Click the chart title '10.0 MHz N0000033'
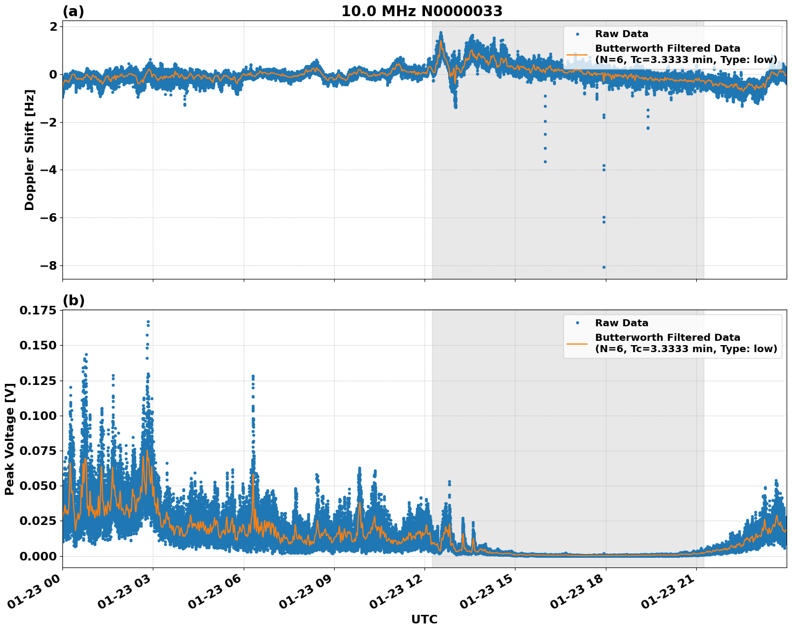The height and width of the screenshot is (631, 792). pyautogui.click(x=421, y=11)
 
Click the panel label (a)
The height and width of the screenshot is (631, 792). pyautogui.click(x=73, y=11)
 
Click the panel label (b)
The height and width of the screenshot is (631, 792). pyautogui.click(x=73, y=300)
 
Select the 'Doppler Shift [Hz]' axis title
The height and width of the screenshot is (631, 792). pyautogui.click(x=30, y=150)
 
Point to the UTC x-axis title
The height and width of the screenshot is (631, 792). pyautogui.click(x=424, y=619)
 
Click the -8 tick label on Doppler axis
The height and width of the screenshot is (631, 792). pyautogui.click(x=46, y=266)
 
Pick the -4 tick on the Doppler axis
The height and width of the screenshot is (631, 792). pyautogui.click(x=46, y=170)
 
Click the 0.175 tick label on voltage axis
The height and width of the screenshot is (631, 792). pyautogui.click(x=37, y=311)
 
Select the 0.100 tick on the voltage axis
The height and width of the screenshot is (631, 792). pyautogui.click(x=37, y=416)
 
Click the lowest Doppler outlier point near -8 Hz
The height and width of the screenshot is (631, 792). pyautogui.click(x=604, y=267)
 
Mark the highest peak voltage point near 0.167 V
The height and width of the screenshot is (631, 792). pyautogui.click(x=148, y=322)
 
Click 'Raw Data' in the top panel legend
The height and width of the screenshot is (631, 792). pyautogui.click(x=621, y=34)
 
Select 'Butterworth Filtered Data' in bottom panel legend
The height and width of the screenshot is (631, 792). pyautogui.click(x=667, y=338)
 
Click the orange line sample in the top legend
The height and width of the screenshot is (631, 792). pyautogui.click(x=577, y=54)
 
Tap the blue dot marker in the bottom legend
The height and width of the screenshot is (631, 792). pyautogui.click(x=577, y=323)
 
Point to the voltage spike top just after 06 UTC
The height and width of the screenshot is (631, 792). pyautogui.click(x=253, y=376)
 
